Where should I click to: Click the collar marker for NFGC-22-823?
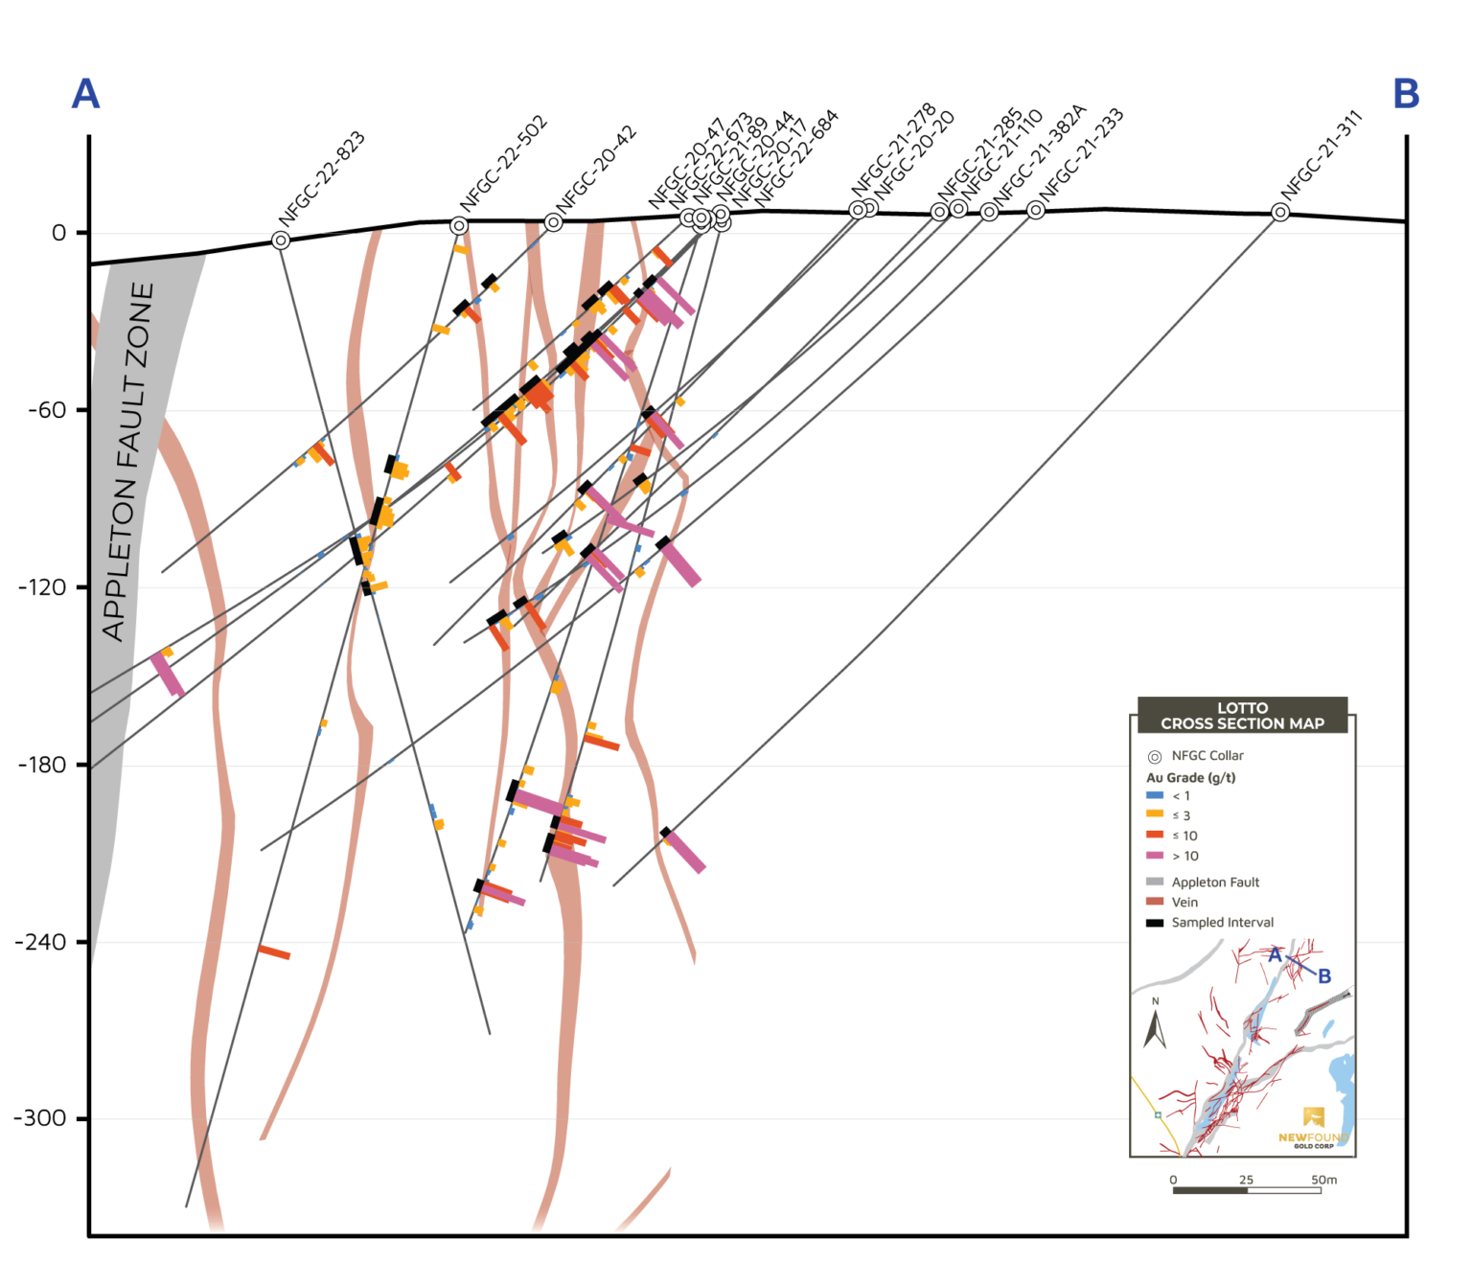tap(281, 241)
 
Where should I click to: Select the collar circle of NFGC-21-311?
tap(1280, 213)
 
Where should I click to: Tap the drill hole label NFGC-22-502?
tap(503, 164)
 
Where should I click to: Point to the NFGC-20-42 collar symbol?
tap(554, 222)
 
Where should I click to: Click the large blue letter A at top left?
tap(85, 94)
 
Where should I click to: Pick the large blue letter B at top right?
tap(1405, 94)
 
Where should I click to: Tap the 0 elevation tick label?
tap(58, 233)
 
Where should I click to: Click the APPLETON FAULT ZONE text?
tap(128, 461)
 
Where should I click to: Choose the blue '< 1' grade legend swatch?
tap(1155, 795)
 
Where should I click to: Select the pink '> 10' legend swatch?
tap(1155, 856)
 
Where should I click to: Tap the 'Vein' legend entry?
tap(1184, 903)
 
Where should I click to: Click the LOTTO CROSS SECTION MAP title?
tap(1242, 716)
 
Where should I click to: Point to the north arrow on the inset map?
tap(1155, 1026)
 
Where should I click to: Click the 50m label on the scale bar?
tap(1323, 1180)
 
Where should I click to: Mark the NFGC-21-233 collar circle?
tap(1036, 210)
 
